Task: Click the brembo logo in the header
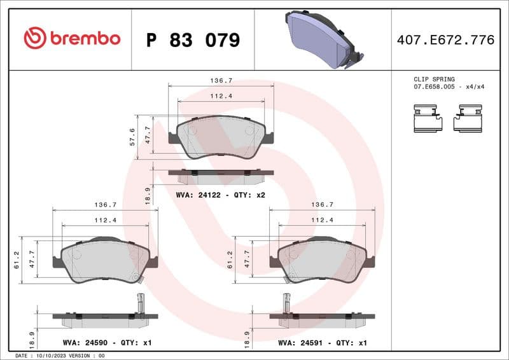pos(71,38)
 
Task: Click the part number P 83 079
pos(193,40)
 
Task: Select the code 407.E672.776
pos(445,40)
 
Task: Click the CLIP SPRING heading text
pos(434,80)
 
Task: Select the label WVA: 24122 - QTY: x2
pos(220,195)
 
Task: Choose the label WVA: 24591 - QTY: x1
pos(323,343)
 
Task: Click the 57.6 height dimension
pos(132,137)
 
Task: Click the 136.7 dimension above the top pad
pos(221,81)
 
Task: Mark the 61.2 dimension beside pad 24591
pos(230,259)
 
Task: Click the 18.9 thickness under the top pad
pos(148,195)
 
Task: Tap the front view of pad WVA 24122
pos(221,137)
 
